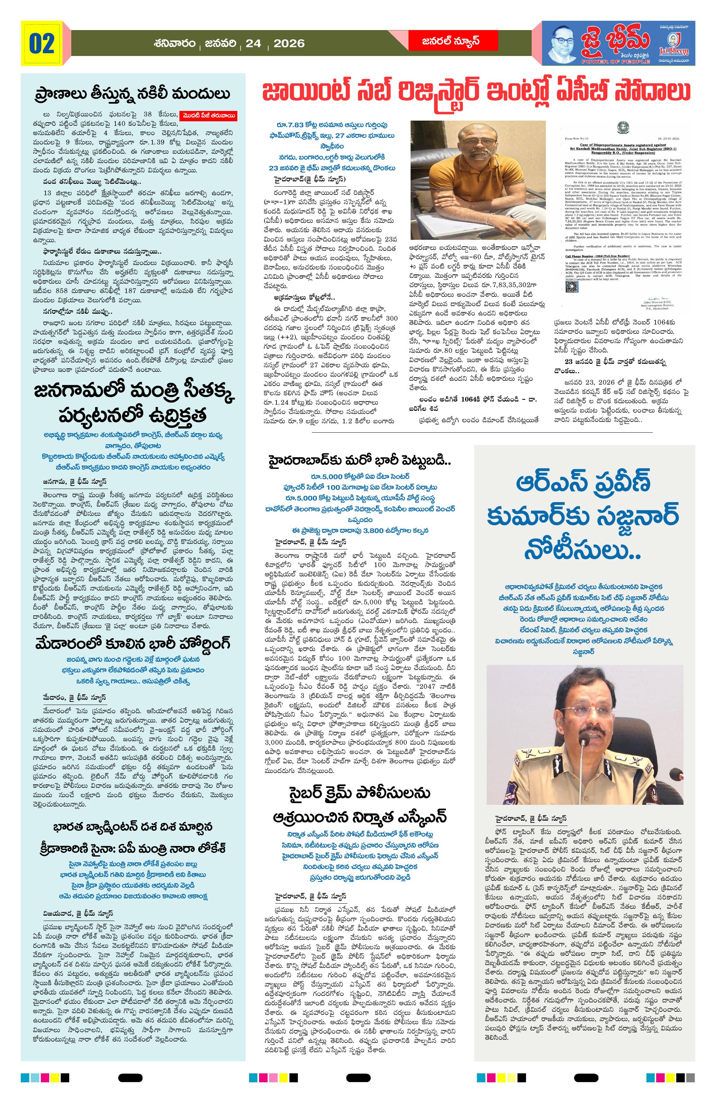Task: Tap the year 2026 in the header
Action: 289,44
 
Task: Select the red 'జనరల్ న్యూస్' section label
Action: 444,41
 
